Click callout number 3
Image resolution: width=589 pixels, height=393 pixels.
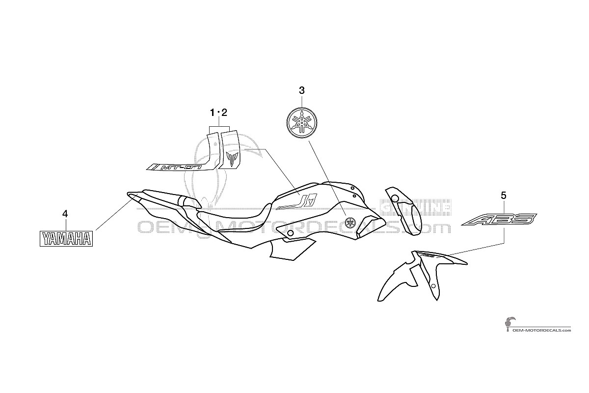pos(301,90)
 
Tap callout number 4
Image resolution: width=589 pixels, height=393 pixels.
pos(65,214)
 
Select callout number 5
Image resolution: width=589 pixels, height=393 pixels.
pos(503,196)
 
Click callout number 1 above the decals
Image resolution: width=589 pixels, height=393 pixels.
pos(212,113)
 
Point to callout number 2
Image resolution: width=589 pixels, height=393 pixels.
pos(224,113)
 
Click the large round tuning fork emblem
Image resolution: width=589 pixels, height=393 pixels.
pos(301,123)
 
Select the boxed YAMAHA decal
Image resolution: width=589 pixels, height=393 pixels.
pos(66,239)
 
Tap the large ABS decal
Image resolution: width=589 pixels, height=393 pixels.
pos(499,220)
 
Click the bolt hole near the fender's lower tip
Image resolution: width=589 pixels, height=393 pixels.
pos(433,286)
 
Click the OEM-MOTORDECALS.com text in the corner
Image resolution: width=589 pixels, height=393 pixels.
pos(542,330)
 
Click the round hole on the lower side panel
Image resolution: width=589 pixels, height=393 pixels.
pos(290,233)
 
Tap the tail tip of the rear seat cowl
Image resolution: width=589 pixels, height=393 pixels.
pos(129,195)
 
